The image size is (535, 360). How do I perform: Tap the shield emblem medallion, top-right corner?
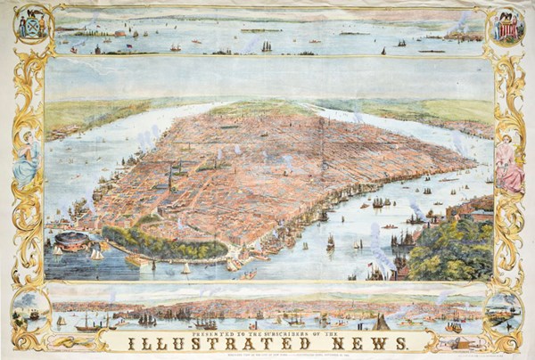click(x=506, y=24)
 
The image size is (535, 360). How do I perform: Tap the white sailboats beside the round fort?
click(x=95, y=253)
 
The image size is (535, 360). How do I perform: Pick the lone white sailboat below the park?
click(x=185, y=267)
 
